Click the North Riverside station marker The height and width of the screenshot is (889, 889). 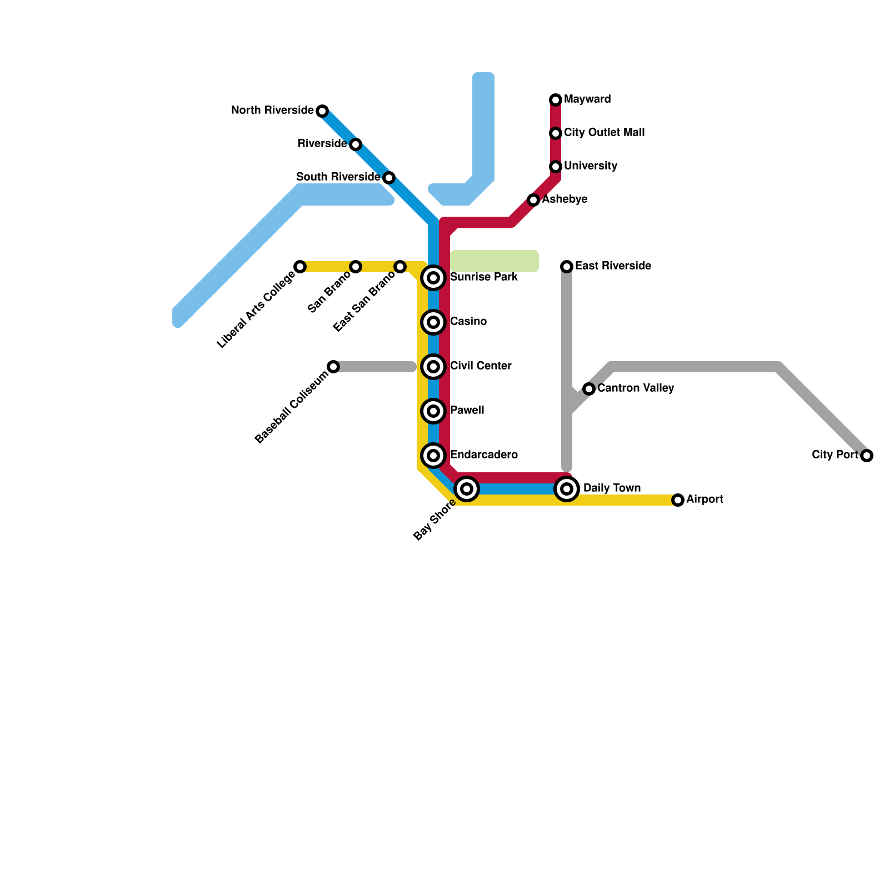(322, 111)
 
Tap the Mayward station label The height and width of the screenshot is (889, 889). (587, 99)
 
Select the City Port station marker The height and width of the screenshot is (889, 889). (867, 456)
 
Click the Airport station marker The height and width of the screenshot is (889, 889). (678, 500)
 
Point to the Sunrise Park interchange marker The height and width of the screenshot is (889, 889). (433, 278)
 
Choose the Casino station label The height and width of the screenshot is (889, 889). (468, 322)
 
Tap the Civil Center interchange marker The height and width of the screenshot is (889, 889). (433, 367)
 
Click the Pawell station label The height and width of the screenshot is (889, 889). (467, 411)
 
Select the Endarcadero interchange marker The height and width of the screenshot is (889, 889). (433, 456)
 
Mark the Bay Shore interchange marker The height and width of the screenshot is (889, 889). (467, 489)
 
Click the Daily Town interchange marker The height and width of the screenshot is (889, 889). (567, 489)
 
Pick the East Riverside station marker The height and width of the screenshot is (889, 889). (567, 267)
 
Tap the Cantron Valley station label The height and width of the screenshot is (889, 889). (636, 388)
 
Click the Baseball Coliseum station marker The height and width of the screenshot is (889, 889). (333, 367)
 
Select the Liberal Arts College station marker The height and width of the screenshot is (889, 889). (300, 267)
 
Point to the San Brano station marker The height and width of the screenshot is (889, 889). (356, 267)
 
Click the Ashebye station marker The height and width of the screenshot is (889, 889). (533, 200)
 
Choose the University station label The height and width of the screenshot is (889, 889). (591, 166)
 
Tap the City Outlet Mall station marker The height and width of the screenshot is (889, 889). (556, 133)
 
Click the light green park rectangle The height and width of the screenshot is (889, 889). (495, 261)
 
